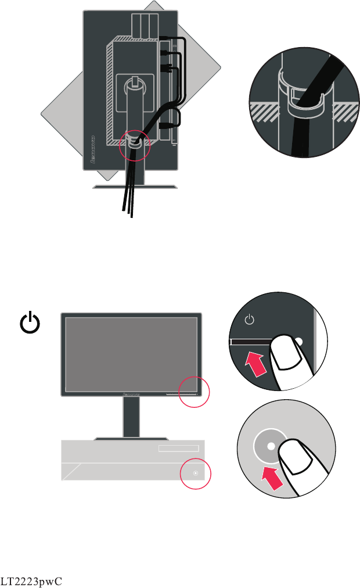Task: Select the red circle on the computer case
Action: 195,473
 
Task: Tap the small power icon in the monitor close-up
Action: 249,319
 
